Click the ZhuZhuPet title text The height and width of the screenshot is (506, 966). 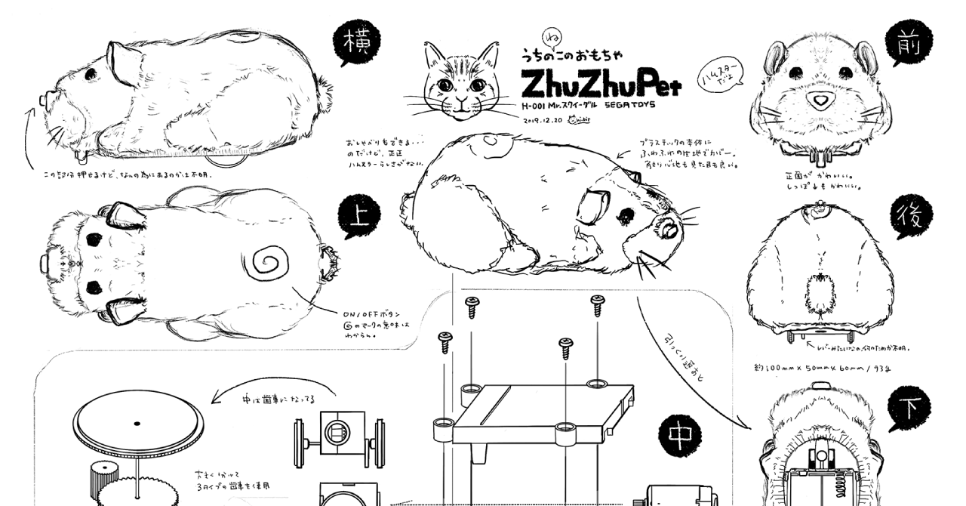click(x=600, y=81)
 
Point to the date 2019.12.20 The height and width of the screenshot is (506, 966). click(x=543, y=119)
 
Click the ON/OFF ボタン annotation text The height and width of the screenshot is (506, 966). click(x=373, y=313)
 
